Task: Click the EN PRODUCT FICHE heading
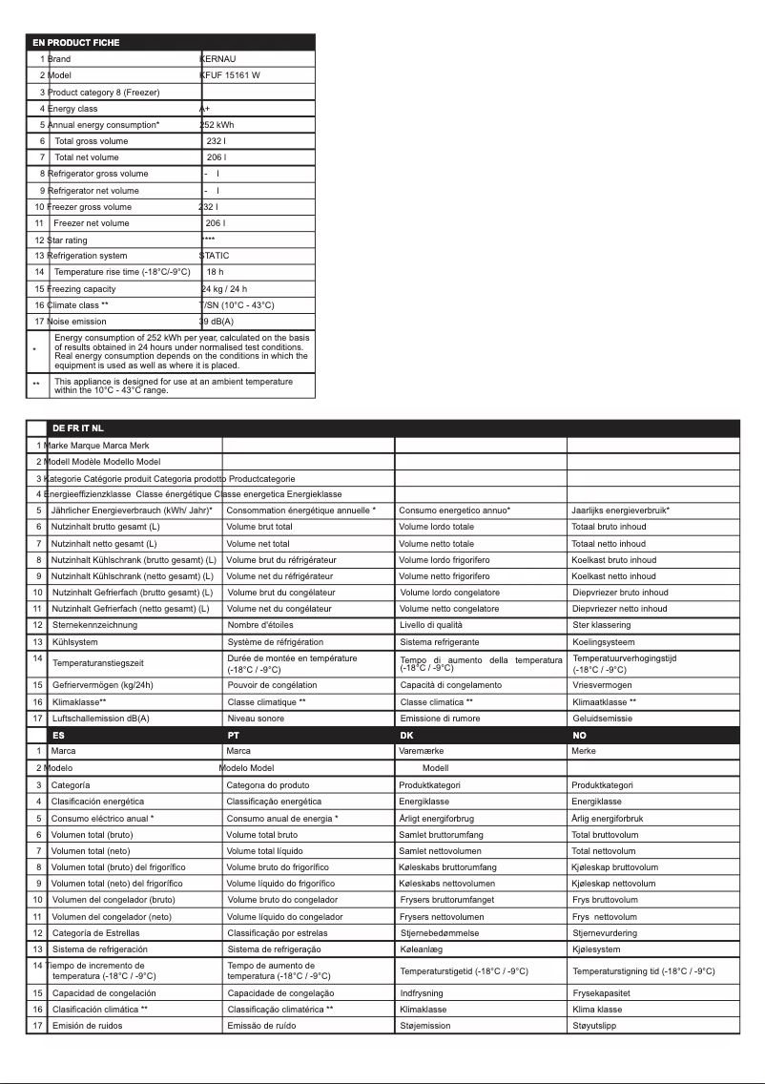pyautogui.click(x=76, y=43)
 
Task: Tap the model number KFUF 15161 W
pyautogui.click(x=230, y=75)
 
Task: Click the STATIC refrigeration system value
pyautogui.click(x=214, y=256)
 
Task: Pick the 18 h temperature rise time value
pyautogui.click(x=215, y=272)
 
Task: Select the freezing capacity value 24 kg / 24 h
pyautogui.click(x=224, y=289)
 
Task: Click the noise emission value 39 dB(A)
pyautogui.click(x=216, y=322)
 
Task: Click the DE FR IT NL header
pyautogui.click(x=77, y=428)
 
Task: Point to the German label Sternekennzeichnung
pyautogui.click(x=94, y=625)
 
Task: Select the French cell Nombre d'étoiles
pyautogui.click(x=260, y=625)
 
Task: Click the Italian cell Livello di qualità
pyautogui.click(x=430, y=625)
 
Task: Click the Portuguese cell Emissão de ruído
pyautogui.click(x=261, y=1026)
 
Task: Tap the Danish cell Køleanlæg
pyautogui.click(x=422, y=949)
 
